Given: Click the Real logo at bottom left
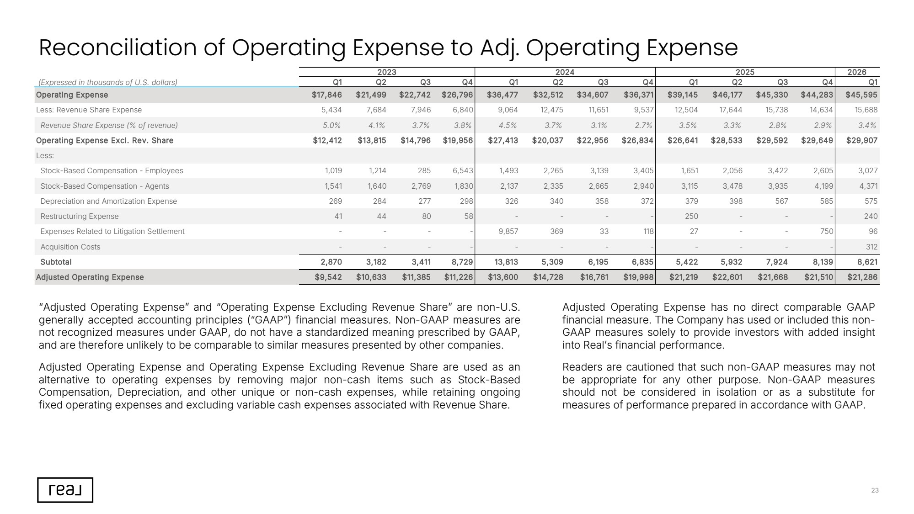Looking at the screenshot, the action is [x=65, y=490].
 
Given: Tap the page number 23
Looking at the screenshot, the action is [x=875, y=490].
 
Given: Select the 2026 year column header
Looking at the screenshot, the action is [x=856, y=72].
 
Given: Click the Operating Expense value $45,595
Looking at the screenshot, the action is [x=861, y=95].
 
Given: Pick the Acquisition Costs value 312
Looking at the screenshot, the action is [x=871, y=247].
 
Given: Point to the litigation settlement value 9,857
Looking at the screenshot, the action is [x=508, y=232].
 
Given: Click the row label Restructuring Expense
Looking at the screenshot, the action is [x=80, y=217].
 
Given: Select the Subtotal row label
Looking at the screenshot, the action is [x=56, y=262].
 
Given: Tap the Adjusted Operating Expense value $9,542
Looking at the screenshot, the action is [x=328, y=277].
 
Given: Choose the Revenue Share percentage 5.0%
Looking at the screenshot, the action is [x=331, y=125].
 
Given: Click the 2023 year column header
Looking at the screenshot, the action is [x=386, y=72].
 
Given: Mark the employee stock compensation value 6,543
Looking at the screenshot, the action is [x=463, y=171].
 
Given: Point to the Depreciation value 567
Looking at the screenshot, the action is [x=781, y=201].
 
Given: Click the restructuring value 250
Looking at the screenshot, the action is [x=691, y=217].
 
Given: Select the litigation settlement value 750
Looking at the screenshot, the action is [x=826, y=232].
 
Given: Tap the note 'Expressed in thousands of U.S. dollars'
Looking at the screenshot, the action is [x=108, y=82].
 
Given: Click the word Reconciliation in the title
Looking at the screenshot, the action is [x=118, y=48].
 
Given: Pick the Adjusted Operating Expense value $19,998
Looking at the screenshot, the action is [x=638, y=277].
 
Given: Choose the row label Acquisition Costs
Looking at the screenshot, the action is [x=70, y=247].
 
